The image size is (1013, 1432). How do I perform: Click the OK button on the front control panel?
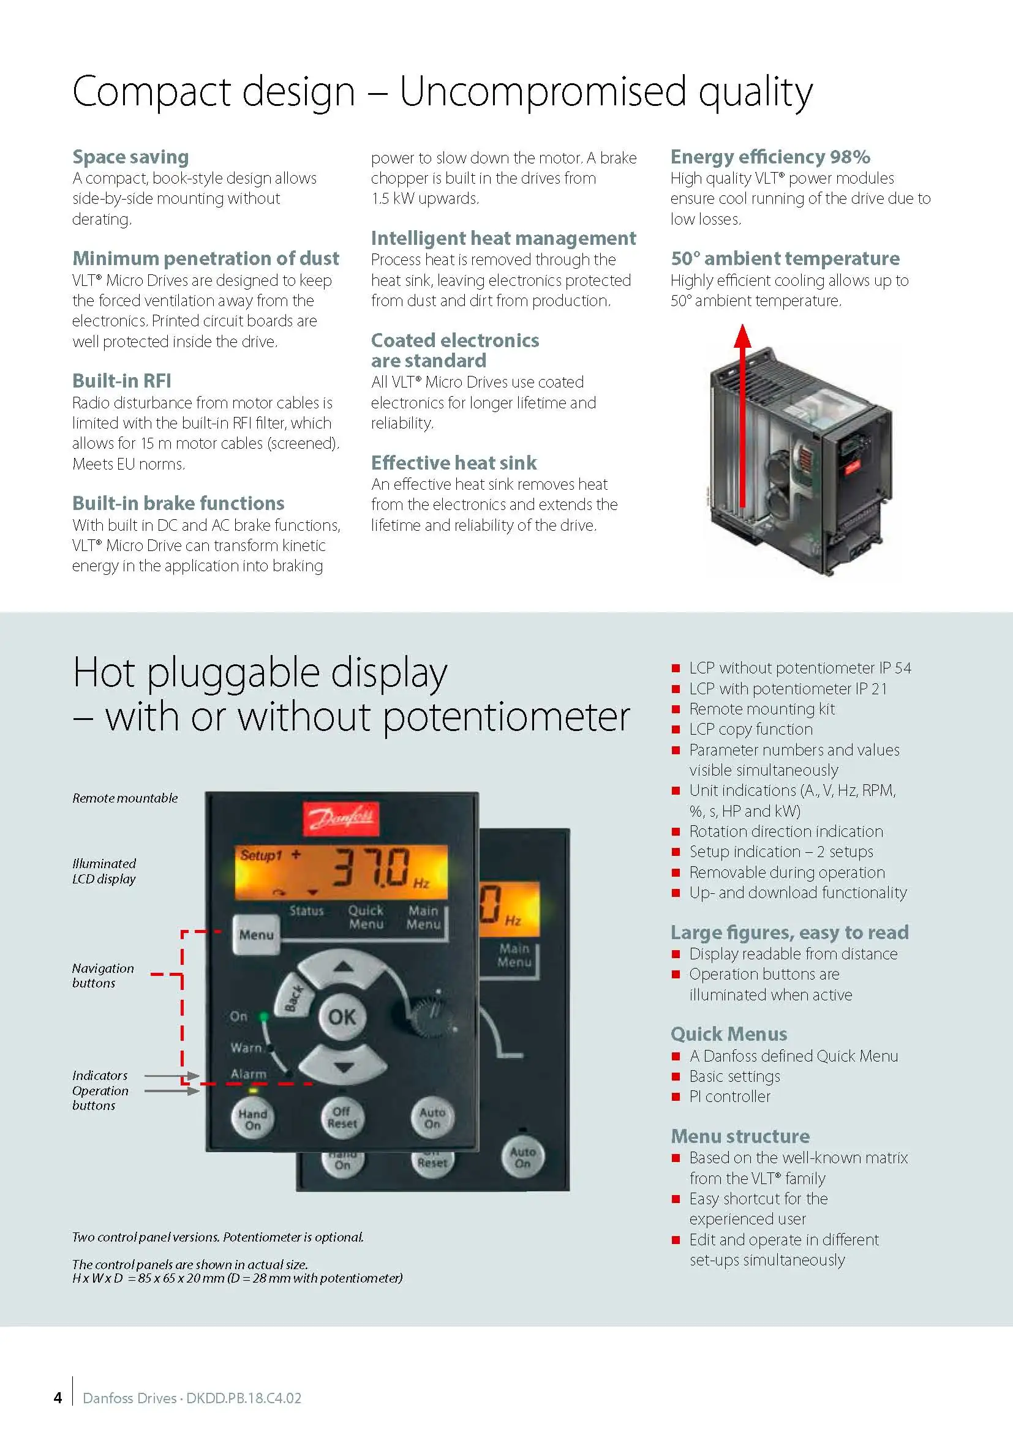342,1018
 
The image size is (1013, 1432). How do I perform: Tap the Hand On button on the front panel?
252,1119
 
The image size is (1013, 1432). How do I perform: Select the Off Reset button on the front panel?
342,1117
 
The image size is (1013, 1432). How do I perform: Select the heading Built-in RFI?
122,380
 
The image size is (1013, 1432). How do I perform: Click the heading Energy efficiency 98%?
770,157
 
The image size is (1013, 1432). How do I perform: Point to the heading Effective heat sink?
453,463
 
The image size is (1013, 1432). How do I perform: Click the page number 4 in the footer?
58,1398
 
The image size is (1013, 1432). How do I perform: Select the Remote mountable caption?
125,798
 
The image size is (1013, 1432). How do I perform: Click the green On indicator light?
264,1017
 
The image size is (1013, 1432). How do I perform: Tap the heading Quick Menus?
729,1034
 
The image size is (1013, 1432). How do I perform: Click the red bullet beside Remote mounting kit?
676,709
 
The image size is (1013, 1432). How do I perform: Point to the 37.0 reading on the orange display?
371,867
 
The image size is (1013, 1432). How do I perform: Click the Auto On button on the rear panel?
522,1157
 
